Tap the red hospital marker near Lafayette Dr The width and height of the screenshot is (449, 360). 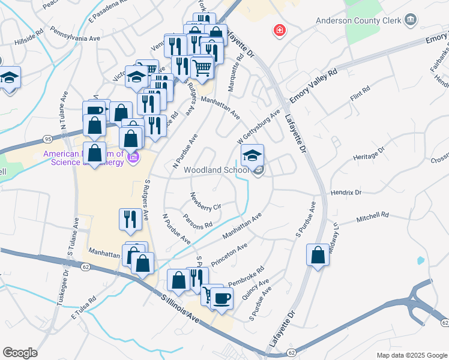pos(279,30)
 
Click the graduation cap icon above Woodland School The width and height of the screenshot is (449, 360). pos(253,155)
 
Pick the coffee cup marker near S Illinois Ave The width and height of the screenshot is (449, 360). pos(221,298)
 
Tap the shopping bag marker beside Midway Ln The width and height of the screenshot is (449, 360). pos(318,254)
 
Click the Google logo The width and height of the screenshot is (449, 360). pos(20,353)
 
